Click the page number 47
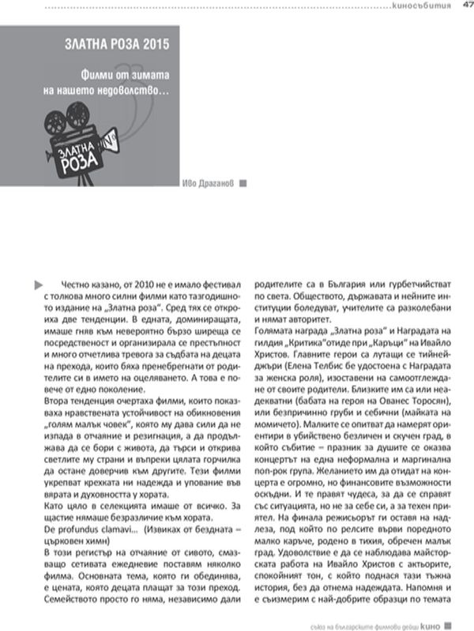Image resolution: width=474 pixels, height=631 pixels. [x=465, y=6]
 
